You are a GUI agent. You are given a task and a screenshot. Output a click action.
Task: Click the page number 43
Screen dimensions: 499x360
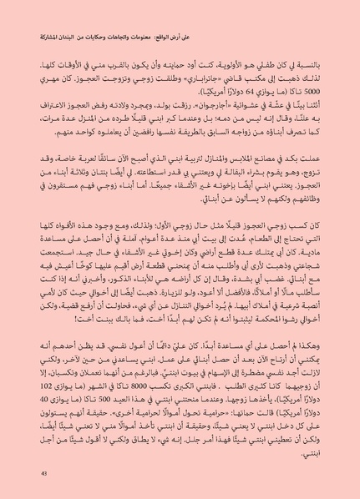33,476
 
